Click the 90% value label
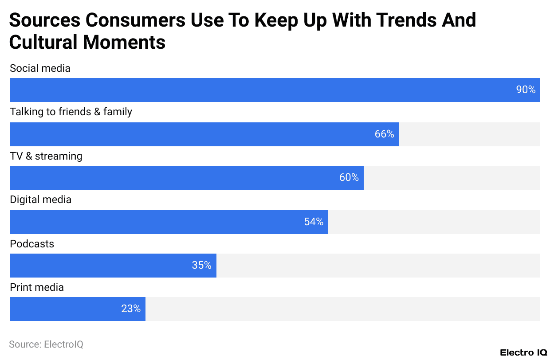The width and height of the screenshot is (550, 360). [x=526, y=90]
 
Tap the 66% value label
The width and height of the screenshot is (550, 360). [x=384, y=134]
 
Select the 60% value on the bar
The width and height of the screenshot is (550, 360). [x=349, y=178]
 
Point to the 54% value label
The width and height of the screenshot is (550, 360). [x=314, y=222]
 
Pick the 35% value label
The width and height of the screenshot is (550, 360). [x=201, y=266]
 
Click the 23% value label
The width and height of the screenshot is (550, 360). [x=131, y=309]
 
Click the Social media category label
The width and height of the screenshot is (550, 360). [x=40, y=68]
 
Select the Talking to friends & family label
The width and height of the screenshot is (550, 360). [x=71, y=112]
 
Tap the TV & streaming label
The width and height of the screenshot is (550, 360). [x=46, y=156]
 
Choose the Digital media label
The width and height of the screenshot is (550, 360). [x=40, y=200]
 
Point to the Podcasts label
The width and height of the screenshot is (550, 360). [x=32, y=244]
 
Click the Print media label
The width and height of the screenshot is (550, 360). [x=37, y=287]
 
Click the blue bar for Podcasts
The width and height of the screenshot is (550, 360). [x=98, y=266]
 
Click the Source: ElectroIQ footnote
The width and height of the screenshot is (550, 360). [x=46, y=344]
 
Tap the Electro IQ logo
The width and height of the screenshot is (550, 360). [x=523, y=352]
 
